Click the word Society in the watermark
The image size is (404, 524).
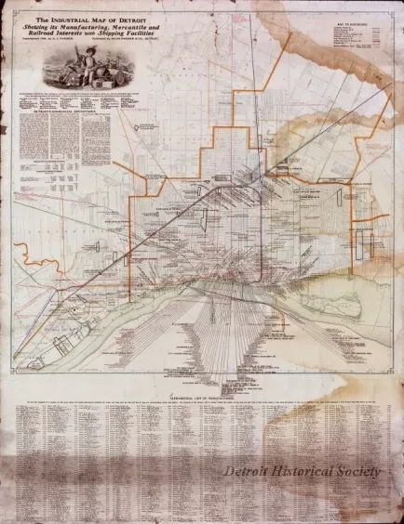click(364, 470)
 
